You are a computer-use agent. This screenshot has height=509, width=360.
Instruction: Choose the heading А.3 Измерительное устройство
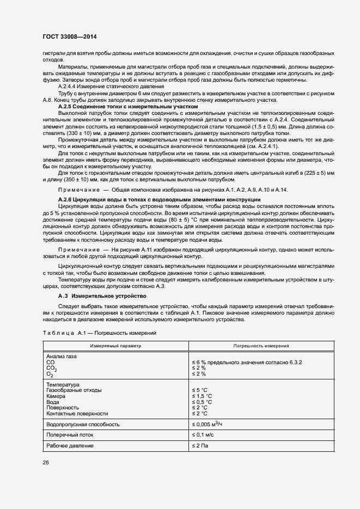[102, 296]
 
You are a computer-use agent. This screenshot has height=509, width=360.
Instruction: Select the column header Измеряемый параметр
[115, 345]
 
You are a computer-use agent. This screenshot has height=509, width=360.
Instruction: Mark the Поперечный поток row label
[70, 435]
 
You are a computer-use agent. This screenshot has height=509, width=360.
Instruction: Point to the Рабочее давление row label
[70, 446]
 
